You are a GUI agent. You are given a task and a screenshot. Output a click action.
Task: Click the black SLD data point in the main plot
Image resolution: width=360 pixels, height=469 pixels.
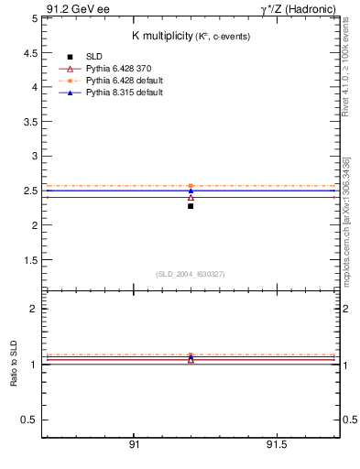191,206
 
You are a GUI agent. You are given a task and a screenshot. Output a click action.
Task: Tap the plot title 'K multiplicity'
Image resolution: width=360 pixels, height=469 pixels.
161,36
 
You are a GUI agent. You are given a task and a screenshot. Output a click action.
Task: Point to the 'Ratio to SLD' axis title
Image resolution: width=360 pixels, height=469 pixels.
14,364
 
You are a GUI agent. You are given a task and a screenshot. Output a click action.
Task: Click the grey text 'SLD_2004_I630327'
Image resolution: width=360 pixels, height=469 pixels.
190,274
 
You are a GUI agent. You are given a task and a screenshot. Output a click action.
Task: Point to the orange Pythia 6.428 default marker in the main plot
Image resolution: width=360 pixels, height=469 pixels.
191,186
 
